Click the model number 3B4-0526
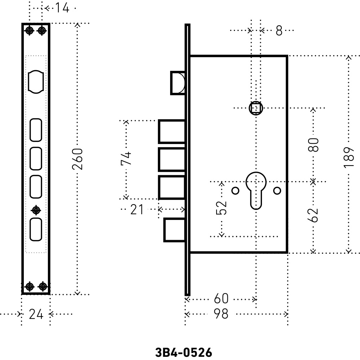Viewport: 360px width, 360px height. coord(183,352)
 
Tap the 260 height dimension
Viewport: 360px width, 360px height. coord(77,159)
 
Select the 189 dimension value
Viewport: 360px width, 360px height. coord(349,158)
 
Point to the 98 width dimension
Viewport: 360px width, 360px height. coord(221,314)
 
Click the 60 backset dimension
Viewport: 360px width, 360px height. coord(221,299)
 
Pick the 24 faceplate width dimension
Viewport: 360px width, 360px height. coord(36,314)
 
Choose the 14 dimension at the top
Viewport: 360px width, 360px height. coord(62,8)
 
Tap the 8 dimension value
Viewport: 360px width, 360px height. coord(279,31)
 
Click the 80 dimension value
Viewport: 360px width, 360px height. coord(313,145)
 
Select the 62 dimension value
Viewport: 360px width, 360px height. coord(313,215)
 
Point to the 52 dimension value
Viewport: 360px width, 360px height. coord(221,208)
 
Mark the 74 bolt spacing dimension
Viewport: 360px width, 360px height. coord(126,158)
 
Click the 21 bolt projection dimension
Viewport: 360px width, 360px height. coord(137,210)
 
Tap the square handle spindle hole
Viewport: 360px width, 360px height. coord(256,108)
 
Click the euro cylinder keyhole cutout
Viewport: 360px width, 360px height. coord(256,190)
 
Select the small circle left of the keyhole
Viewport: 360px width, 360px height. coord(235,190)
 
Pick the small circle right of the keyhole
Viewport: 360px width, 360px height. coord(277,190)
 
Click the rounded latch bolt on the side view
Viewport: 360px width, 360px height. coord(178,83)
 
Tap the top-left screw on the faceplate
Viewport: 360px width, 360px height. coord(30,31)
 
